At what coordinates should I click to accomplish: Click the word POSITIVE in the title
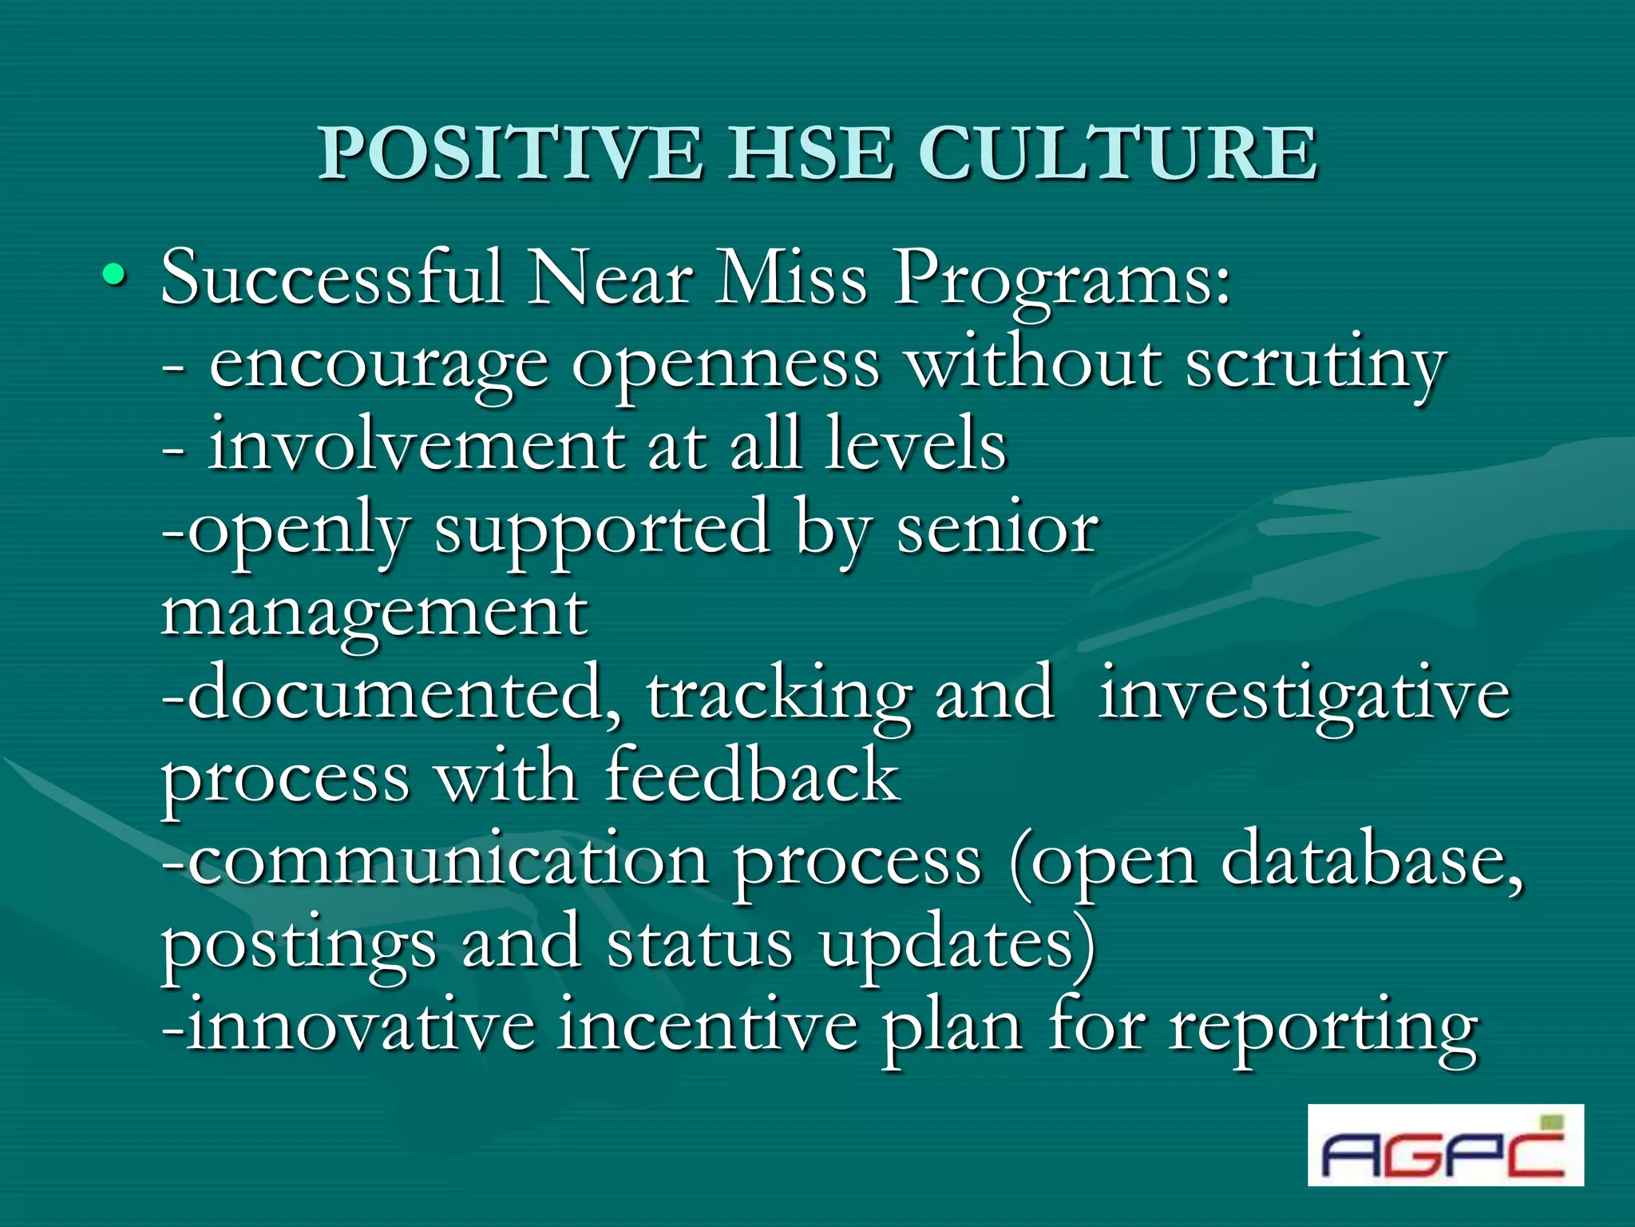[511, 153]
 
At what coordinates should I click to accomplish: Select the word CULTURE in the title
[1118, 153]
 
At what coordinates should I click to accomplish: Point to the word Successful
[332, 278]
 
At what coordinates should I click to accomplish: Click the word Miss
[790, 278]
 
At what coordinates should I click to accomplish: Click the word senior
[997, 530]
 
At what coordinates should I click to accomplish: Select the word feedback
[752, 776]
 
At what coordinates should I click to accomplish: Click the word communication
[447, 861]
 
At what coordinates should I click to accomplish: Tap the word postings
[299, 946]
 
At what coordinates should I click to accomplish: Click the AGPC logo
[1445, 1145]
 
